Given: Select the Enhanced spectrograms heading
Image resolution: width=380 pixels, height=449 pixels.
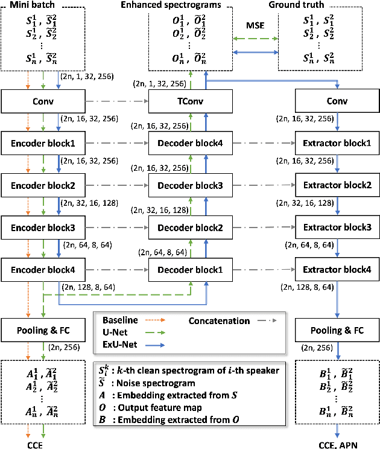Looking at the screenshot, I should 191,5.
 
